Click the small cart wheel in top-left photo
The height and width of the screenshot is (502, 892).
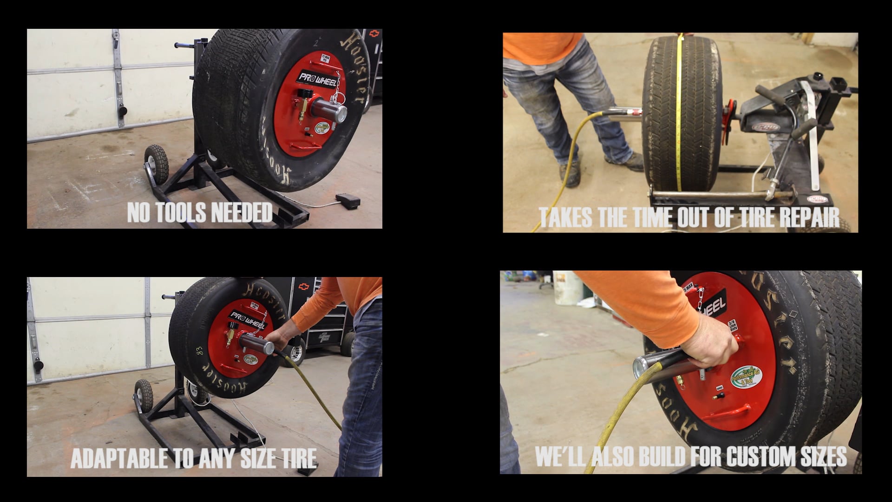tap(156, 164)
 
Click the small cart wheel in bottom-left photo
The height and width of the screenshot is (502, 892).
tap(144, 396)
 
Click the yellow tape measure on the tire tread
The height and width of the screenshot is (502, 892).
tap(679, 116)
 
